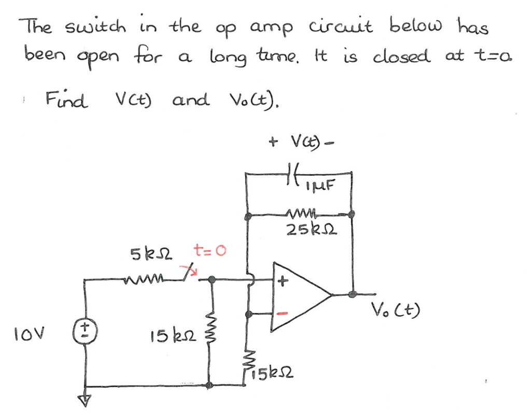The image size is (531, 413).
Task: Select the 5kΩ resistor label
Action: coord(151,254)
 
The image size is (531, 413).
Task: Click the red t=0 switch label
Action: coord(209,250)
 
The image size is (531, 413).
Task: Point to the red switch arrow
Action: coord(189,270)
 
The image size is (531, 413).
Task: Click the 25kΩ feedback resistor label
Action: coord(312,230)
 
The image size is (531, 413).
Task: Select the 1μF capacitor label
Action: coord(320,185)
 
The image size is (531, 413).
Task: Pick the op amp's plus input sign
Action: coord(283,281)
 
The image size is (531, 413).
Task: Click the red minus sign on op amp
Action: coord(283,314)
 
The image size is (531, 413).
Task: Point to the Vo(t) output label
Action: coord(396,309)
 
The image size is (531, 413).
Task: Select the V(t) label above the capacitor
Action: coord(301,142)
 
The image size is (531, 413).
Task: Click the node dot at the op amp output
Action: coord(353,294)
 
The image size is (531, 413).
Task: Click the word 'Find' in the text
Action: coord(67,99)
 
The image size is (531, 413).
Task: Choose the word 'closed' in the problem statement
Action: coord(402,56)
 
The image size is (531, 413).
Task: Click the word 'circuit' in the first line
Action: coord(341,25)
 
